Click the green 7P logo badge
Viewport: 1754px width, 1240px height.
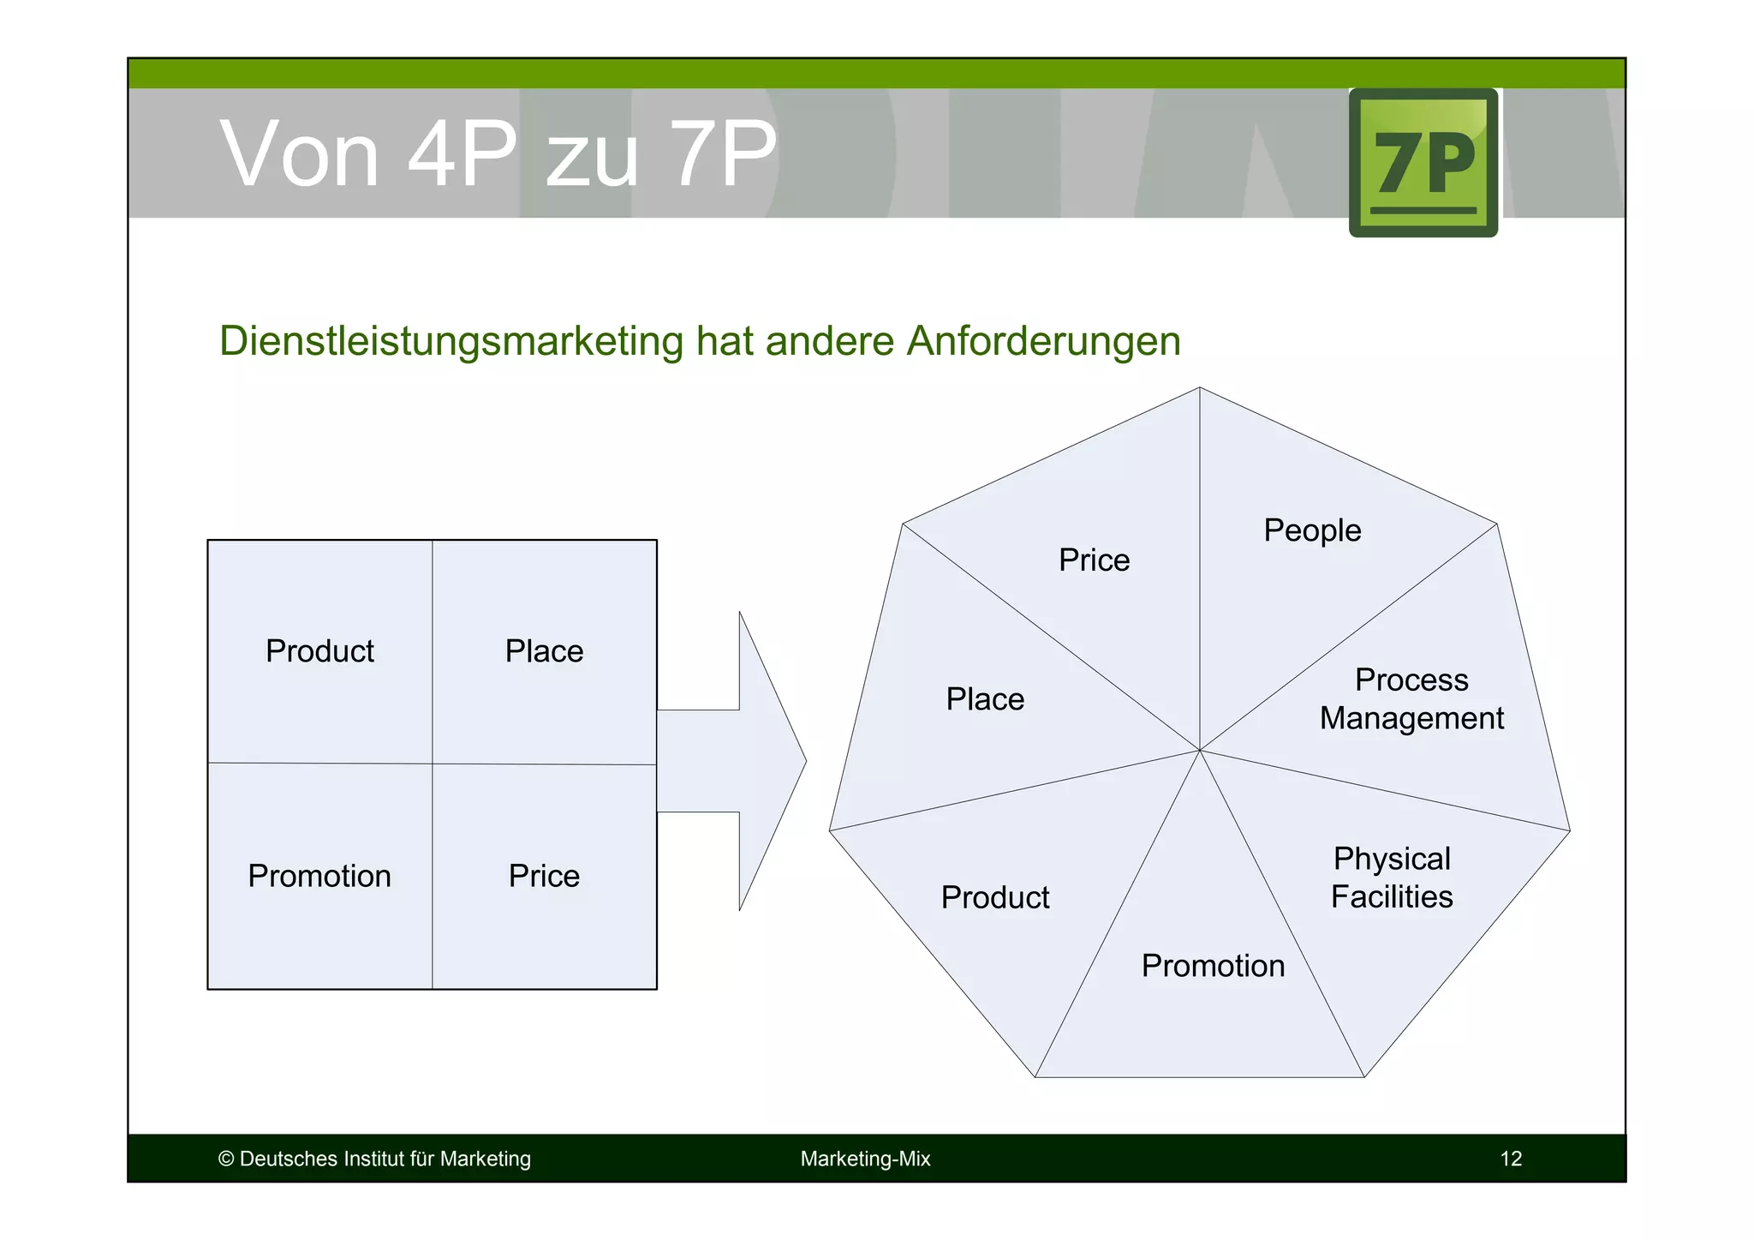[1423, 163]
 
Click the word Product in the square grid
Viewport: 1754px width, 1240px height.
[319, 651]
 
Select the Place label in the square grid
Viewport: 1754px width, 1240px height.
[544, 651]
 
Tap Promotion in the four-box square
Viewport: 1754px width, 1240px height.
[319, 876]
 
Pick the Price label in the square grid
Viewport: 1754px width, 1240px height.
[544, 876]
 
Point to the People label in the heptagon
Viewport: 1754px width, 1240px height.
[1312, 530]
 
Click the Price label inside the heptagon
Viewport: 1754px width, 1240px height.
[1094, 560]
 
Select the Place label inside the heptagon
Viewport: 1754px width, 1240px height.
[985, 699]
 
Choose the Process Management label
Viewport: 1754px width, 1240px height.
[1411, 699]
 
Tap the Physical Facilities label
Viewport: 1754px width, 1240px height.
[1392, 878]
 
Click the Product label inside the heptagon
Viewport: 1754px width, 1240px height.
[994, 897]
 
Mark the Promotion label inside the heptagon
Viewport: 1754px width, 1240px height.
[1213, 966]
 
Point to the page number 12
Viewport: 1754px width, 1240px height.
[1511, 1159]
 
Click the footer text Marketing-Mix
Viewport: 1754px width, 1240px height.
[865, 1159]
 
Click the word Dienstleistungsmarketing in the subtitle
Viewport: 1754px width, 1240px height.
[451, 341]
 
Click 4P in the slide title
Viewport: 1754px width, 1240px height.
[462, 154]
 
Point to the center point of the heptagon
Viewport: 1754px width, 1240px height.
[1200, 750]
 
